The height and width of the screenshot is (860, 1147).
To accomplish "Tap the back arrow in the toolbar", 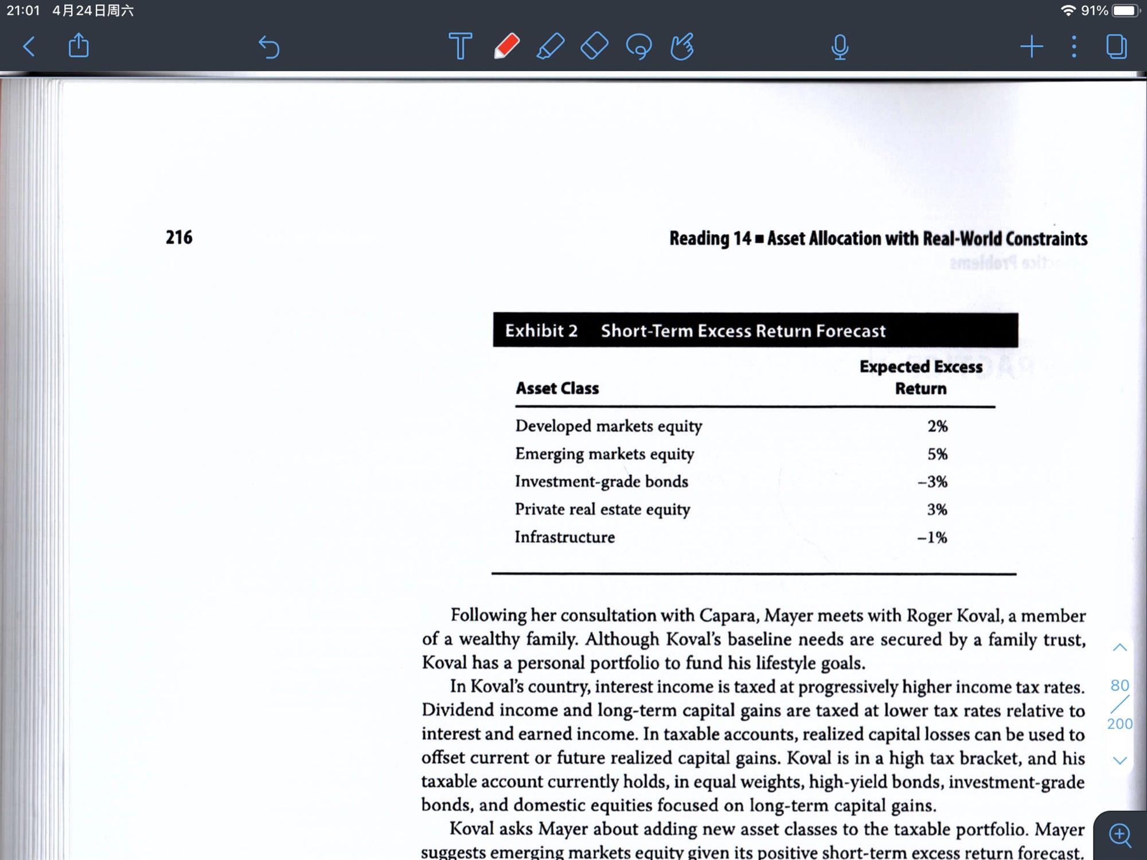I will coord(29,46).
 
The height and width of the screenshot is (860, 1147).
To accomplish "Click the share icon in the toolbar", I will coord(79,46).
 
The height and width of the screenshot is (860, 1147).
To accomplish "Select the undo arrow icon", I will coord(268,47).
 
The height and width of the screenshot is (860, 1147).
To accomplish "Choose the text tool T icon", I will coord(460,46).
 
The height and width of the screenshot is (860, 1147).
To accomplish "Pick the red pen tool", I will coord(506,46).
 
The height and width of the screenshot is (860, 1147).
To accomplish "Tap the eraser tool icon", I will coord(594,46).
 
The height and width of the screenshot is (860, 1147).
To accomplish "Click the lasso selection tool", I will coord(638,46).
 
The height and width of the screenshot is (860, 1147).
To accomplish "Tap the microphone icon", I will coord(840,47).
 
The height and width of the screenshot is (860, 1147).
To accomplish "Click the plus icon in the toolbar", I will coord(1031,46).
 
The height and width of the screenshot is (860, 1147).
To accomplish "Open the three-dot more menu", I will coord(1074,46).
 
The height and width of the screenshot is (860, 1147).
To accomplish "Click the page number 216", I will coord(179,237).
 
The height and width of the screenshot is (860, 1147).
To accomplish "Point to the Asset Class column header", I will coord(557,389).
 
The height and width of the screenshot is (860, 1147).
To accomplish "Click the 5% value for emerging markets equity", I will coord(937,454).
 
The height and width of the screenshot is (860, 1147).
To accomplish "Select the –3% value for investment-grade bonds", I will coord(933,482).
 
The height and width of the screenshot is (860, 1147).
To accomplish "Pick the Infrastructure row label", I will coord(564,537).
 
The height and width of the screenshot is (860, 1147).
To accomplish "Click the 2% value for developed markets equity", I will coord(937,426).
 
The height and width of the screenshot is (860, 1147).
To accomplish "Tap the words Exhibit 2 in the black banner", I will coord(541,331).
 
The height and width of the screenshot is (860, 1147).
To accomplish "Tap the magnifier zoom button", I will coord(1120,835).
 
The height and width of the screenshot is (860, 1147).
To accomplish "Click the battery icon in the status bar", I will coord(1126,11).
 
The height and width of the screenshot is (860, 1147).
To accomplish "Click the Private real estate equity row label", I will coord(602,510).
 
